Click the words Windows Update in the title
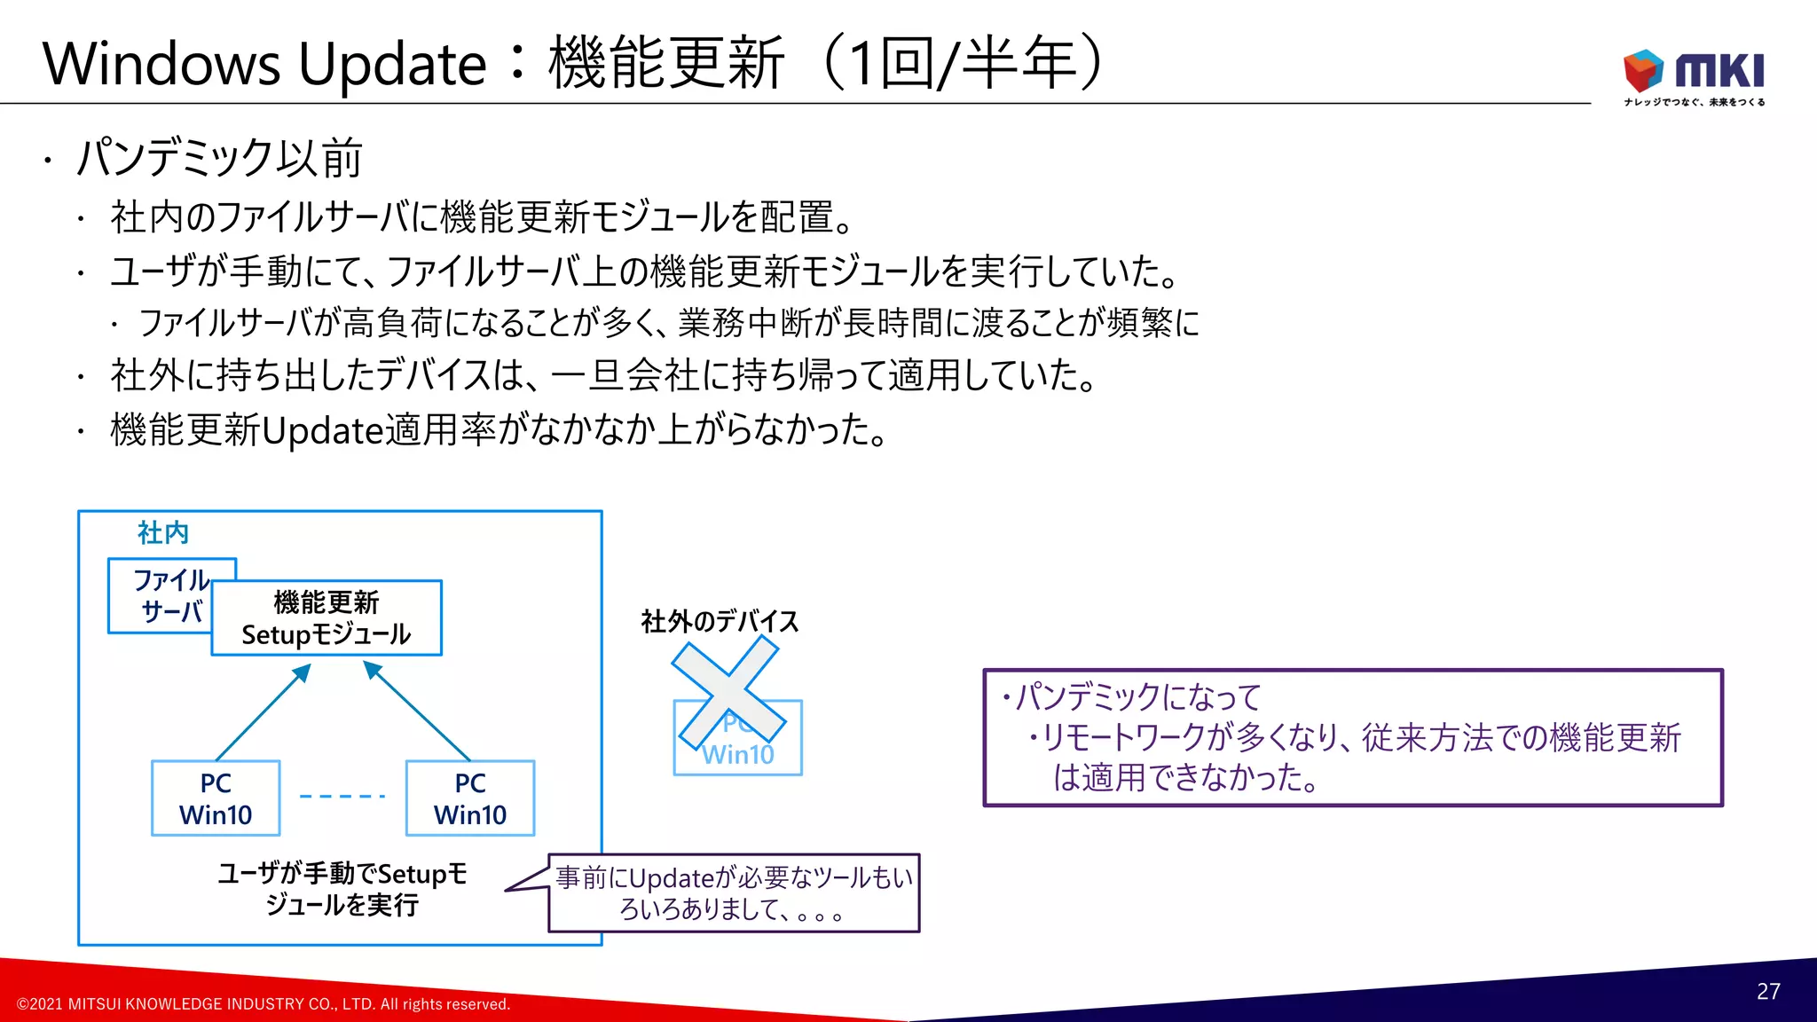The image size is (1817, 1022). [x=264, y=64]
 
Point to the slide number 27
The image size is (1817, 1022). [x=1768, y=991]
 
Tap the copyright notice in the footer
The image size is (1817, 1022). [x=264, y=1004]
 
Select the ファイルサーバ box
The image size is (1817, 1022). [x=160, y=595]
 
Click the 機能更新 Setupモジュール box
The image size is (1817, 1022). [x=326, y=618]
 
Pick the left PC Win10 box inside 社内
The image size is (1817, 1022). [x=216, y=798]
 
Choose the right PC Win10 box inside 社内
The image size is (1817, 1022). [x=470, y=798]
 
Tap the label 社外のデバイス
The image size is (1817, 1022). [x=720, y=621]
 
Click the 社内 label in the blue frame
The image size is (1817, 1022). [x=163, y=532]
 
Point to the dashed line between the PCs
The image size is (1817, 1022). [x=342, y=796]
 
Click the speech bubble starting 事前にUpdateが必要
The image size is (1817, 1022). [x=734, y=892]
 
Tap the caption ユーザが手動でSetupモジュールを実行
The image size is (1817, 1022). [x=342, y=889]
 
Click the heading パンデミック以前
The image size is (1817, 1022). [x=219, y=158]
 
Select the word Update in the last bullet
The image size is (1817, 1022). [x=323, y=430]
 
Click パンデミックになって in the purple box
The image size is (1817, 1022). [x=1138, y=697]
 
